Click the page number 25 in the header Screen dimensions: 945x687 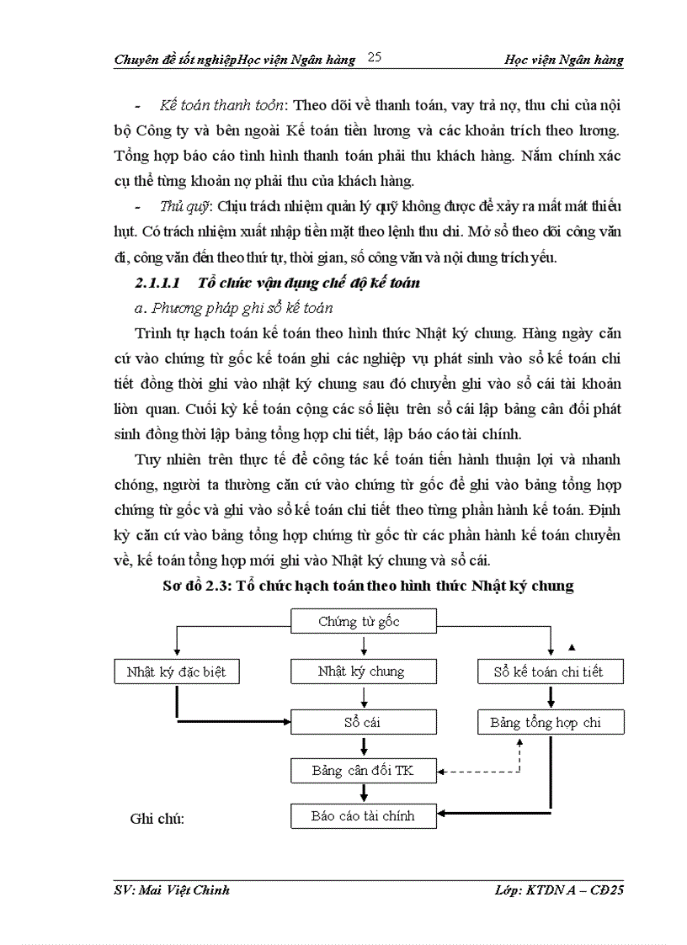(x=375, y=57)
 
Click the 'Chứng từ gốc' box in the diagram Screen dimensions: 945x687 (x=364, y=622)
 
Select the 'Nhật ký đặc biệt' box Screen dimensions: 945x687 (x=176, y=672)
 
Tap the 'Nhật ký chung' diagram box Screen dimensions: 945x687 (x=364, y=672)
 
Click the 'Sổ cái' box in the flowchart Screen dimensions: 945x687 (x=364, y=722)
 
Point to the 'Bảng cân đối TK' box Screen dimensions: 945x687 (x=364, y=770)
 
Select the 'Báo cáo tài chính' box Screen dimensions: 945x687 (x=364, y=815)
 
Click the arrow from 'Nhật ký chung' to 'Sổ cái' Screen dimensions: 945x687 (x=364, y=696)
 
